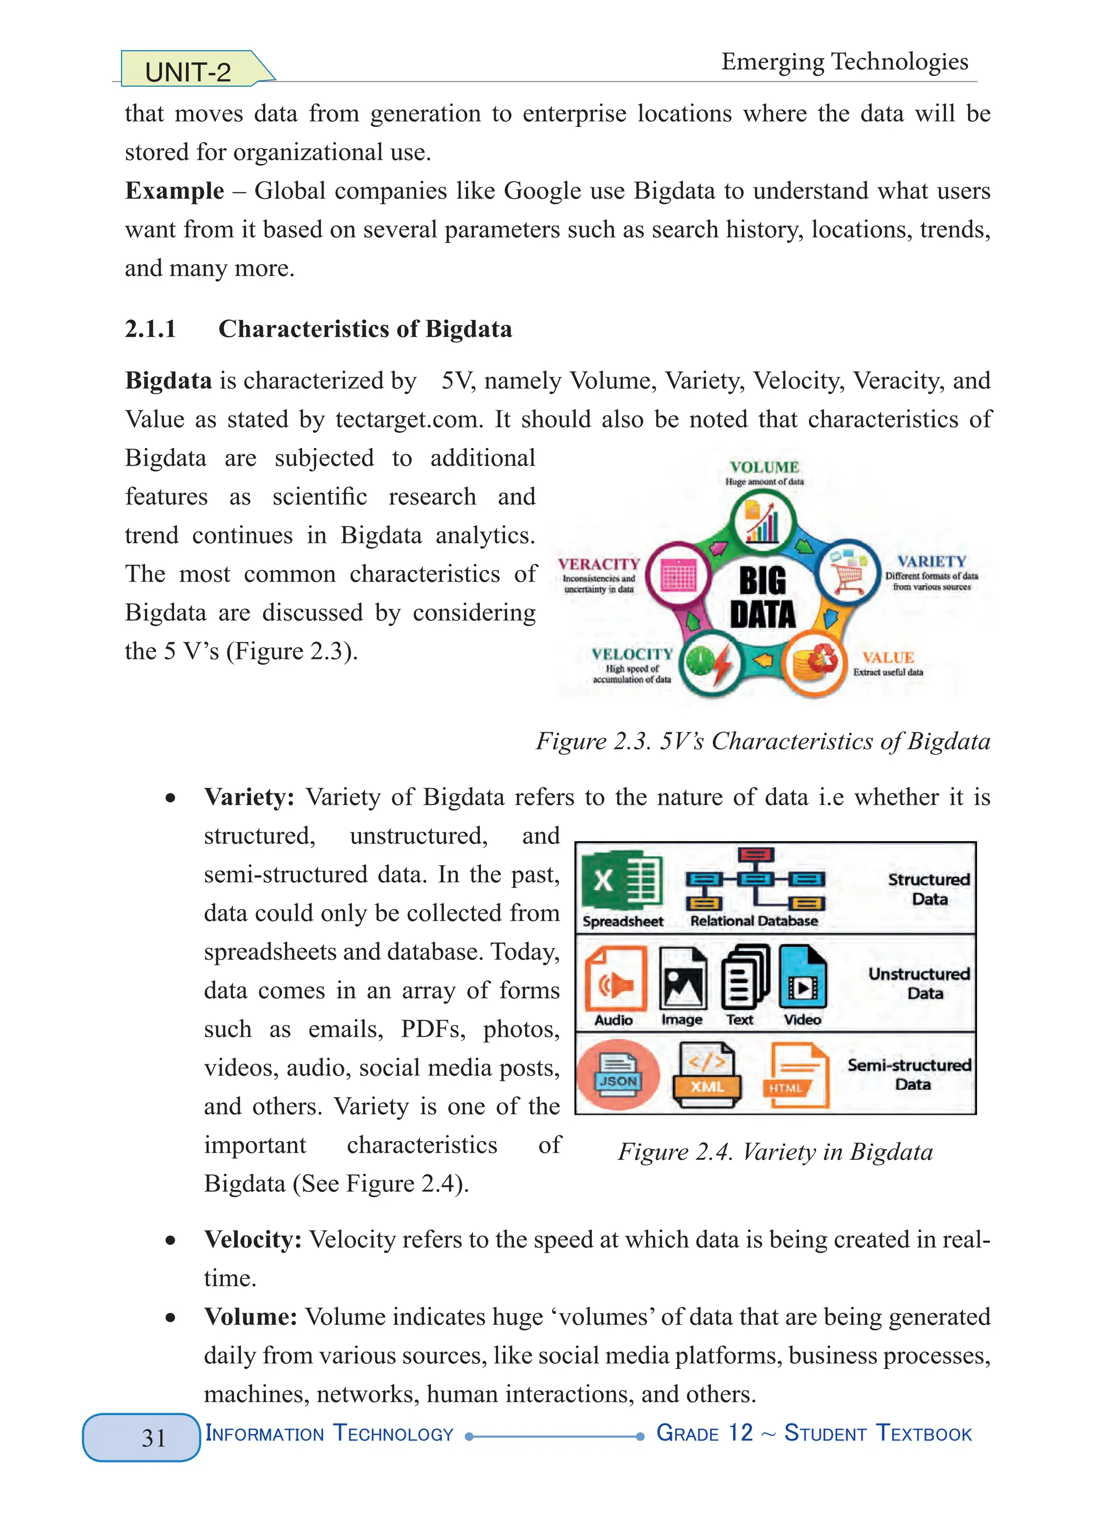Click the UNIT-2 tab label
[188, 72]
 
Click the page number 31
[154, 1437]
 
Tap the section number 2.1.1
[151, 329]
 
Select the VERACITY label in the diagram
[598, 564]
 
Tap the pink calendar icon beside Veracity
[678, 576]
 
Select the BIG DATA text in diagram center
[762, 597]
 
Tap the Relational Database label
[754, 921]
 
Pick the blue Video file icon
[802, 978]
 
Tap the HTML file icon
[796, 1076]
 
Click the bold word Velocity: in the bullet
[253, 1240]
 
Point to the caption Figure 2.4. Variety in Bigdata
[775, 1152]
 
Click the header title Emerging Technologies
[844, 62]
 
